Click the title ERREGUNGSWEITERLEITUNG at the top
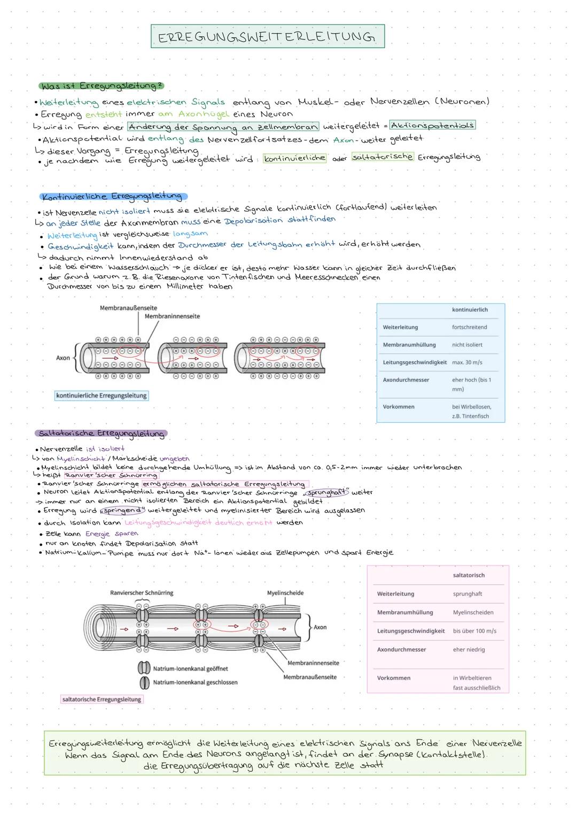tap(267, 36)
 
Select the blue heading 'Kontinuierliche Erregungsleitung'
tap(112, 196)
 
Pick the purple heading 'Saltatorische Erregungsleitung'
tap(102, 433)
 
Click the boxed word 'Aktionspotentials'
tap(432, 125)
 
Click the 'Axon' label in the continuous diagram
tap(63, 358)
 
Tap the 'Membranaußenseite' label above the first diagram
tap(128, 308)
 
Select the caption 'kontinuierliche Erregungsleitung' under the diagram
tap(102, 395)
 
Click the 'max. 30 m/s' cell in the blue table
tap(467, 362)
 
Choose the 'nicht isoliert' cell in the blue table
tap(467, 345)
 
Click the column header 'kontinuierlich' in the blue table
tap(470, 310)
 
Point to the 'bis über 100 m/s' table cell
tap(474, 631)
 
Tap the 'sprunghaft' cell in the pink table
tap(467, 594)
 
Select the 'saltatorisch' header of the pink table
tap(469, 576)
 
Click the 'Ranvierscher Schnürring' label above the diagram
tap(142, 593)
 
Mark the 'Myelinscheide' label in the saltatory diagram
tap(285, 593)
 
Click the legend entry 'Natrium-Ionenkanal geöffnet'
tap(190, 669)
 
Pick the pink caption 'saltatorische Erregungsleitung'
tap(102, 699)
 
